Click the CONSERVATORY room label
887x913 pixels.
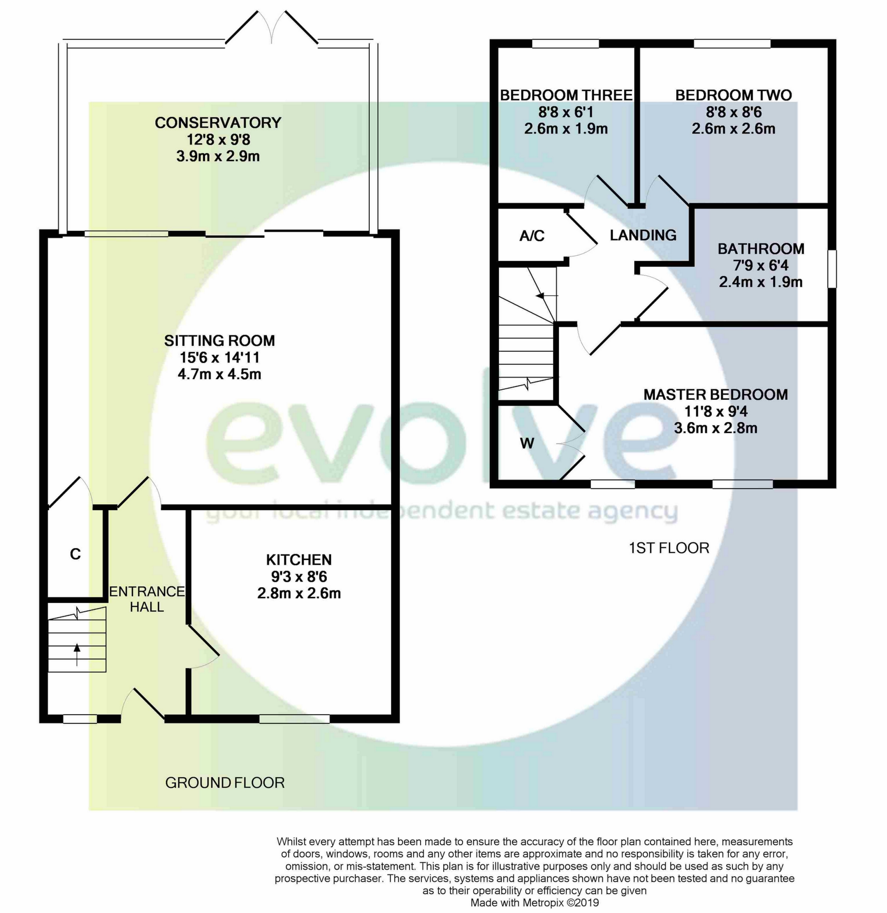click(218, 123)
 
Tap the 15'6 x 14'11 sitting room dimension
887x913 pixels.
click(219, 357)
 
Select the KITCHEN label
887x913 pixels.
click(299, 560)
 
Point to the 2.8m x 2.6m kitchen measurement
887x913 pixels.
click(299, 593)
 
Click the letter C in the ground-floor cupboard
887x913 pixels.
click(75, 554)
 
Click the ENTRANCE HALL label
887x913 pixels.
click(147, 599)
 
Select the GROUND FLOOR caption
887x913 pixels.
click(225, 783)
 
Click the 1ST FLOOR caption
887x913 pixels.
click(669, 548)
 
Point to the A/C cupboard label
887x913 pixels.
click(532, 236)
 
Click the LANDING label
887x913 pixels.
click(643, 235)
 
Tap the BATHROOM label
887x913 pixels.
click(761, 249)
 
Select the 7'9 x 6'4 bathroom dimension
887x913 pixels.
click(761, 265)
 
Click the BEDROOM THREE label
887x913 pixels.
click(566, 95)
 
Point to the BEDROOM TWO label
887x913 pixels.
click(734, 95)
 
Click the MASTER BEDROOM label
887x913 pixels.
click(716, 395)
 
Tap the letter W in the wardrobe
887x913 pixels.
click(527, 443)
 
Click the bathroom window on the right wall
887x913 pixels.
click(832, 269)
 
